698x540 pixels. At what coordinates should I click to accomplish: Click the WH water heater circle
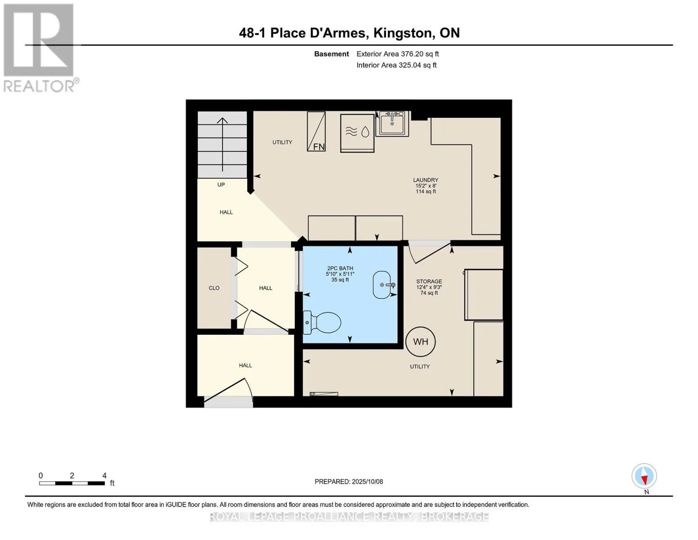(420, 342)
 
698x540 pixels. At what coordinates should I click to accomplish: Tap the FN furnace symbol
(316, 131)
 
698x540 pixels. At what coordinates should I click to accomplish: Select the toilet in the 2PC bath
(321, 322)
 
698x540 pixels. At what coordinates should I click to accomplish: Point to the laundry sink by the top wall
(392, 123)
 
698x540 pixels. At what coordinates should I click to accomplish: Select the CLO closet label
(214, 288)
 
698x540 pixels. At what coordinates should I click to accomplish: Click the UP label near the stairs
(221, 184)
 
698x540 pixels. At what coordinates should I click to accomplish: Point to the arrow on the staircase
(222, 144)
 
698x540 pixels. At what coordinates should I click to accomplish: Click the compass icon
(644, 476)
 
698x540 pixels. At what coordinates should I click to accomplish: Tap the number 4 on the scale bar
(104, 475)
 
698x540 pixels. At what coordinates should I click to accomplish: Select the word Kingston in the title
(403, 33)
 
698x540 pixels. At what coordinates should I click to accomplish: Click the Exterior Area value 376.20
(411, 54)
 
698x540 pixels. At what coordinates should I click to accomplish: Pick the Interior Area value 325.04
(409, 65)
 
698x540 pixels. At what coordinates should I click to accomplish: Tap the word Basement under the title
(331, 54)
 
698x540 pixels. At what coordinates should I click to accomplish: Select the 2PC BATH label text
(340, 268)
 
